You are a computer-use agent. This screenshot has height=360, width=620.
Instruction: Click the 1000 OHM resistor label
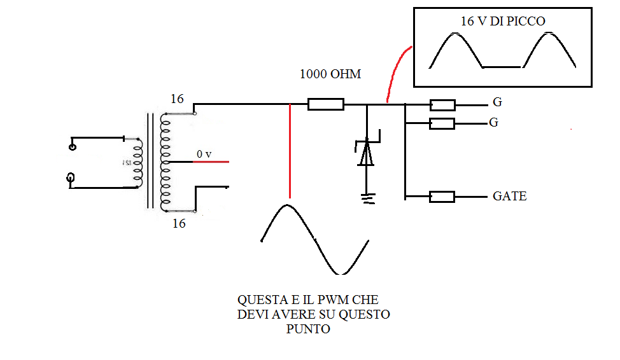pyautogui.click(x=330, y=74)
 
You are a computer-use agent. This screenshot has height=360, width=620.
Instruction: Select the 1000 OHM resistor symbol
pyautogui.click(x=325, y=104)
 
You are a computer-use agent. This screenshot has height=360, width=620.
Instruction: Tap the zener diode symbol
pyautogui.click(x=366, y=153)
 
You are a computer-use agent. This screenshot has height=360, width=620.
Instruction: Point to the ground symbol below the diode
pyautogui.click(x=367, y=198)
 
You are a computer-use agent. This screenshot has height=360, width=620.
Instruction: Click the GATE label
pyautogui.click(x=509, y=197)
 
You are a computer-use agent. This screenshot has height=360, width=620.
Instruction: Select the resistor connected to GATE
pyautogui.click(x=442, y=197)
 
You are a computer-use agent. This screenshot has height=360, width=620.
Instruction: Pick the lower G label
pyautogui.click(x=493, y=123)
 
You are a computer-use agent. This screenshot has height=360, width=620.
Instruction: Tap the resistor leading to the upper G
pyautogui.click(x=442, y=105)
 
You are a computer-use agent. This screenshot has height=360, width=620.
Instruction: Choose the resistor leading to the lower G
pyautogui.click(x=442, y=123)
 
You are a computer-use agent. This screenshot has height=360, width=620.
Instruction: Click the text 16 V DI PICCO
pyautogui.click(x=502, y=22)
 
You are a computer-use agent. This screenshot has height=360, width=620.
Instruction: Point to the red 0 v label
pyautogui.click(x=204, y=155)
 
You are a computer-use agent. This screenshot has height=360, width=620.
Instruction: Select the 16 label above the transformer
pyautogui.click(x=177, y=99)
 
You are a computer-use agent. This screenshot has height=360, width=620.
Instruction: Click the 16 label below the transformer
pyautogui.click(x=179, y=224)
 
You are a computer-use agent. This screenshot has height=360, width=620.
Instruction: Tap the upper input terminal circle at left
pyautogui.click(x=73, y=147)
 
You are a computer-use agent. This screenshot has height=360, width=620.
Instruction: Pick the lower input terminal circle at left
pyautogui.click(x=71, y=178)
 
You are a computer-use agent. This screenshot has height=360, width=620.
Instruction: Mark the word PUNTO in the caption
pyautogui.click(x=308, y=329)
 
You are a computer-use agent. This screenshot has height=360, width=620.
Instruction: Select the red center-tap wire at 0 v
pyautogui.click(x=210, y=162)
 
